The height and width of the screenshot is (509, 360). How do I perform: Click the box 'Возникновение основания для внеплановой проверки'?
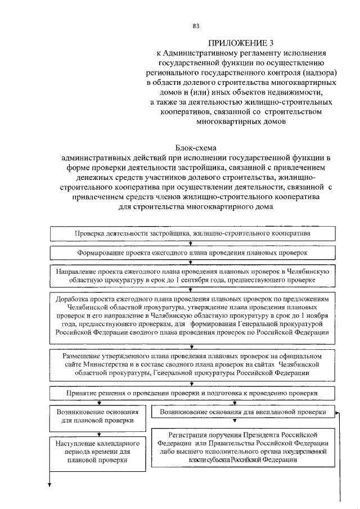pyautogui.click(x=242, y=412)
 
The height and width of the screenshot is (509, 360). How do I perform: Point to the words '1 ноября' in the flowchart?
pyautogui.click(x=321, y=317)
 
